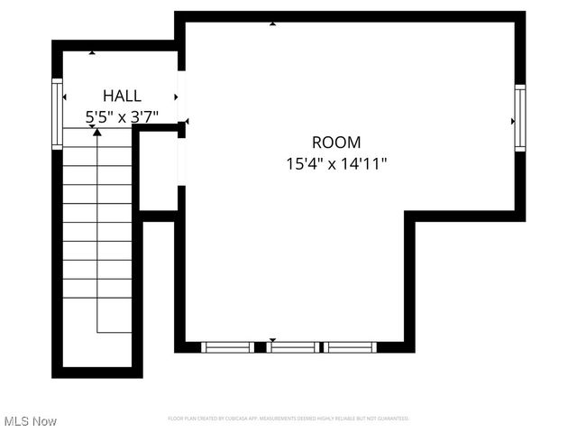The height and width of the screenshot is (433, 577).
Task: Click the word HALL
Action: (122, 96)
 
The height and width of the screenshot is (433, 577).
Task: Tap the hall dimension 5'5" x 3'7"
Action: (122, 116)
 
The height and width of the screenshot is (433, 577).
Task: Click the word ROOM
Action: (336, 142)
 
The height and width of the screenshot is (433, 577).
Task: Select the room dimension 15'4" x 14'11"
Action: (336, 163)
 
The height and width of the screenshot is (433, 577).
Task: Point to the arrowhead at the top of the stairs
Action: (97, 134)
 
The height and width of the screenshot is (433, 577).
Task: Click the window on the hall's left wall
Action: (57, 101)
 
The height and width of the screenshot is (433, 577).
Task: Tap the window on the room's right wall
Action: (520, 116)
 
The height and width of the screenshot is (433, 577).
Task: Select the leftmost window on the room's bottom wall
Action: (227, 346)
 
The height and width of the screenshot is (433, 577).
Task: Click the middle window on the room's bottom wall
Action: (292, 346)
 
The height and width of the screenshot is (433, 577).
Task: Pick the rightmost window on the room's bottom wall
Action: (350, 346)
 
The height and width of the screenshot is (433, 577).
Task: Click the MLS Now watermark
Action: (31, 421)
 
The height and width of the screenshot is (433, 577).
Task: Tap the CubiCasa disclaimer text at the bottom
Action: (288, 419)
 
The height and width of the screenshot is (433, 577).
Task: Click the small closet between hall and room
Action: (158, 171)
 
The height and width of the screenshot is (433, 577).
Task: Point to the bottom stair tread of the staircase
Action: (97, 289)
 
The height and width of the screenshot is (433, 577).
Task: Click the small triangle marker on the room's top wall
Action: (273, 24)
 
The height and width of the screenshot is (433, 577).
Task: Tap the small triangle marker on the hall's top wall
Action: (93, 54)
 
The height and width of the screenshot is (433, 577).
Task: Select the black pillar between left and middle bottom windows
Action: (261, 346)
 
